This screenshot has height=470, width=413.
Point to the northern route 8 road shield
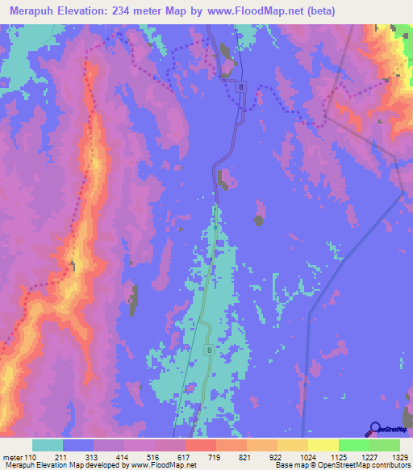pos(241,86)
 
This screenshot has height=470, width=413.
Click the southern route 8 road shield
pos(209,350)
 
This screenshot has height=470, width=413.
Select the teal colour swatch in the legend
pos(48,445)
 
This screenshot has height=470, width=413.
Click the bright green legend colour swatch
pos(353,445)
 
